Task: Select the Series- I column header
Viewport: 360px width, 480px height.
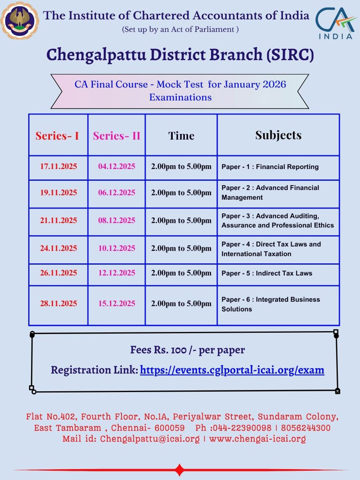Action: tap(57, 136)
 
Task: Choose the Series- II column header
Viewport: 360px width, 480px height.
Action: tap(116, 136)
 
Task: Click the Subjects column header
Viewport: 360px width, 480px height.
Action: tap(278, 135)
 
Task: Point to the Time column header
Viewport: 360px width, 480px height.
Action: tap(181, 136)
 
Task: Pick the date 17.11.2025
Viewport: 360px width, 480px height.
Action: tap(58, 167)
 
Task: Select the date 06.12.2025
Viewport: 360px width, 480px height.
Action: tap(117, 193)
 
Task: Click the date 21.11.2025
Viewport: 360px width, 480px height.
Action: tap(58, 220)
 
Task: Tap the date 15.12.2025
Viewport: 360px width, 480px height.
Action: tap(117, 304)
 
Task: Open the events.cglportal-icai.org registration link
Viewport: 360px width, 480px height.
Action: tap(232, 370)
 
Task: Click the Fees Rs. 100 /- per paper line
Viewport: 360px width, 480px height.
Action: tap(187, 350)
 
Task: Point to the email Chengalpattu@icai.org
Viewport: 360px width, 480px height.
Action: tap(150, 439)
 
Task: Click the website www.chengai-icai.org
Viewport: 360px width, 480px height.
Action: tap(257, 439)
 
